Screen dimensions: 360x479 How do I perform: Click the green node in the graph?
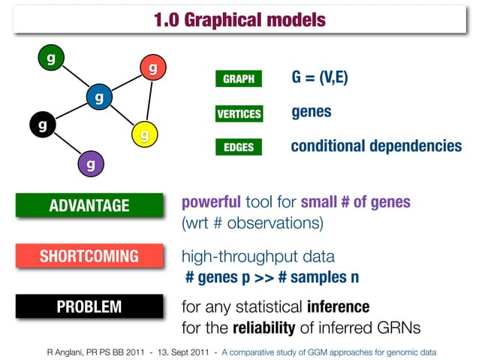coord(50,58)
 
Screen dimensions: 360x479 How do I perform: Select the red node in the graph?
coord(152,68)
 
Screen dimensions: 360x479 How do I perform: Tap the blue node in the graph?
coord(98,97)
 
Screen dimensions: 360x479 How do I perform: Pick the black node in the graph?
coord(42,123)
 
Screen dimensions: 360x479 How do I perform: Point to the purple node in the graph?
coord(89,163)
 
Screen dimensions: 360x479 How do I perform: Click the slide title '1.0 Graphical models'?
coord(239,20)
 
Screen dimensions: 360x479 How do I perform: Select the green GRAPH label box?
coord(239,79)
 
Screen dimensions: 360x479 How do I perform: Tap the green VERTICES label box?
coord(239,114)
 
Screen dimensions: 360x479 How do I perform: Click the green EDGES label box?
coord(239,148)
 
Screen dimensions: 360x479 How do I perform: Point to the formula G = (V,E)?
coord(319,78)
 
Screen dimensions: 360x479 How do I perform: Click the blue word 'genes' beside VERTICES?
coord(311,112)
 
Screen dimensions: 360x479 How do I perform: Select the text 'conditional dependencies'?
coord(375,146)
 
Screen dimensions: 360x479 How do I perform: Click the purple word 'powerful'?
coord(211,203)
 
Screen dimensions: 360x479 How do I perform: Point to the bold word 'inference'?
coord(338,307)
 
